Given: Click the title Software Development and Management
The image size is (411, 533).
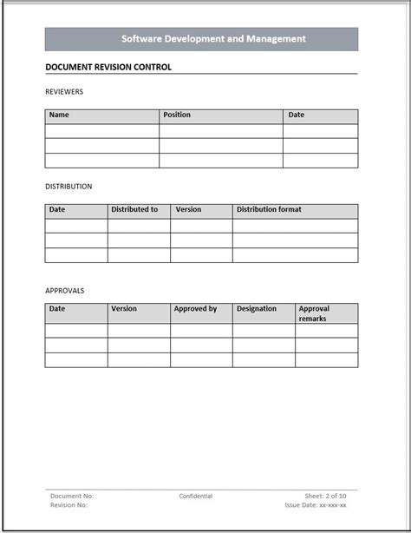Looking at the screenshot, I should pos(213,39).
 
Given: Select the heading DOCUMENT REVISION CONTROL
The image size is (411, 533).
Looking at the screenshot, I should pos(108,67).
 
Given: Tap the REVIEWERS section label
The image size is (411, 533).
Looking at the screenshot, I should pos(64,91).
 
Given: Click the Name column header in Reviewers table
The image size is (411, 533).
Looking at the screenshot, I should pos(59,115).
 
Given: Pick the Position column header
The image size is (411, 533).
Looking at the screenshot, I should pos(177,115).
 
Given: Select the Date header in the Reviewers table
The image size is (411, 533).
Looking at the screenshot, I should pos(297,115).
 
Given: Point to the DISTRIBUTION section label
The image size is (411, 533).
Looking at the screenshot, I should pos(68,187).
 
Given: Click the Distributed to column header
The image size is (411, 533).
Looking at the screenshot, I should pos(134,209).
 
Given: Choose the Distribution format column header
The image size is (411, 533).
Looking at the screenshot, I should pos(269,209).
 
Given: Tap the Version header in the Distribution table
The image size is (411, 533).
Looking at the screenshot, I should pos(188,209).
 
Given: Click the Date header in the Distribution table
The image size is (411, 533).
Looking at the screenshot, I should pos(57,209).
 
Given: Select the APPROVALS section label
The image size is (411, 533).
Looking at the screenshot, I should pos(65,291).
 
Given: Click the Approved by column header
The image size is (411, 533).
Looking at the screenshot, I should pos(195,308).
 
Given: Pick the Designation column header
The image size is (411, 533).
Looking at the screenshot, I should pos(257,308).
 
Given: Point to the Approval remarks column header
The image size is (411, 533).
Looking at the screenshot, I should pos(314,313).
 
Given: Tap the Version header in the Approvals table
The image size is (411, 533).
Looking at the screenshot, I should pos(124,308).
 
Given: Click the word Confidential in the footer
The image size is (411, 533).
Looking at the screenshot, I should pos(196,497).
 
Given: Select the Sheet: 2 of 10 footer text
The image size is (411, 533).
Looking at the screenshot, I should pos(325,497).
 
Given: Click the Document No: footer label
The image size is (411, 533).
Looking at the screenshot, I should pos(72,497).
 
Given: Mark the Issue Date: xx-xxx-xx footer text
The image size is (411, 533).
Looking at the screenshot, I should pos(316,505).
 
